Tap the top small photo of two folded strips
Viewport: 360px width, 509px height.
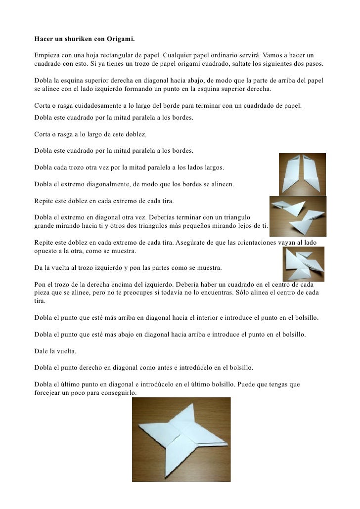click(x=302, y=173)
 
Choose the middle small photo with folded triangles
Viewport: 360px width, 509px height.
click(x=298, y=216)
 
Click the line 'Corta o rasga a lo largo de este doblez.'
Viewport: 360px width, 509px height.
click(x=90, y=134)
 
